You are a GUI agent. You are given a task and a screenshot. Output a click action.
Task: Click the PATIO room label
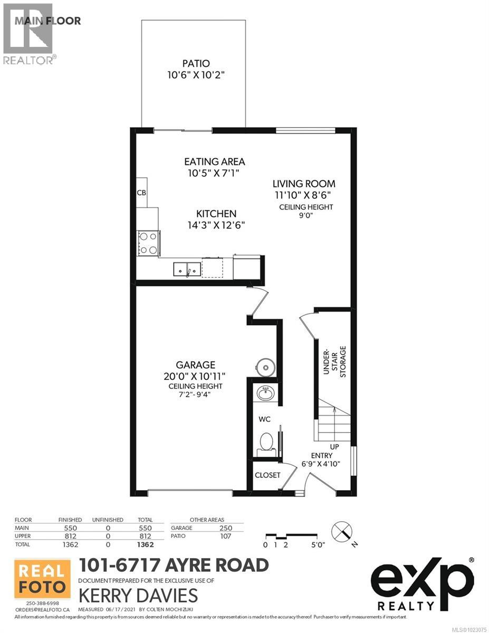(x=193, y=64)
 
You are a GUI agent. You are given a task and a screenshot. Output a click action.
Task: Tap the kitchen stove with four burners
(x=148, y=243)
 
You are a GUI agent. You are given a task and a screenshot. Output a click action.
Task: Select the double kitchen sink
(x=187, y=269)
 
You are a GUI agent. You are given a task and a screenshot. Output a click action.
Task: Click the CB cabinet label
(x=141, y=193)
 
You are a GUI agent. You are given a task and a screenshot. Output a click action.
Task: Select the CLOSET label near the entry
(x=267, y=475)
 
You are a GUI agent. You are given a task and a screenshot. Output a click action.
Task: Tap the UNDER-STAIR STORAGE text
(x=334, y=361)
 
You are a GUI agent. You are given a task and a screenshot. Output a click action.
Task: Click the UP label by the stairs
(x=334, y=447)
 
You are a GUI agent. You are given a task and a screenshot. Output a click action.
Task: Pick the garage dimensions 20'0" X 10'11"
(x=195, y=376)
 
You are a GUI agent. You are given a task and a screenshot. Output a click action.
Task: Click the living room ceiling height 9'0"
(x=306, y=215)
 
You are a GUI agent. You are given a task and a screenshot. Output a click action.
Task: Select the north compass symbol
(x=341, y=530)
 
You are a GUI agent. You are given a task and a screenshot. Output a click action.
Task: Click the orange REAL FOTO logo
(x=42, y=579)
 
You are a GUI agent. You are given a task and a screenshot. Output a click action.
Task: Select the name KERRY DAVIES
(x=138, y=596)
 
